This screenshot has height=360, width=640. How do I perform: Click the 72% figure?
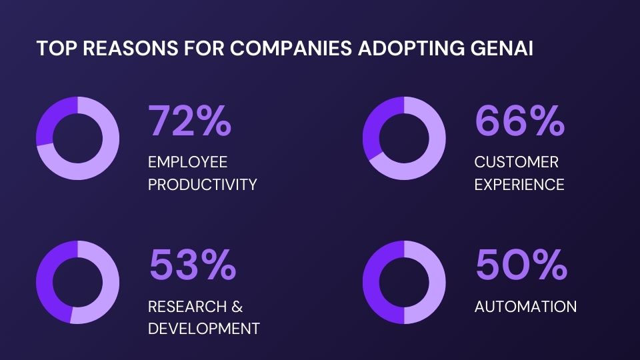point(190,121)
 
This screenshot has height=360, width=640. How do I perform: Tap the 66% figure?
point(519,121)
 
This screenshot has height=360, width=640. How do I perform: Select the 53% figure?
point(192,265)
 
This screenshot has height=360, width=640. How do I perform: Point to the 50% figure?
point(521,265)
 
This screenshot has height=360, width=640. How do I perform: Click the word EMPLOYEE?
point(187,162)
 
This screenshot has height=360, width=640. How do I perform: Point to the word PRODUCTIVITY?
point(202,185)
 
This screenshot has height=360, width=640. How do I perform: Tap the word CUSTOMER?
point(516,162)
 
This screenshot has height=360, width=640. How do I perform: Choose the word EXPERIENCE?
point(519,185)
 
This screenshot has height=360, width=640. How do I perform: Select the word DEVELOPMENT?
point(203,329)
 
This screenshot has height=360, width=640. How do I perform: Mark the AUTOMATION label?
point(525,307)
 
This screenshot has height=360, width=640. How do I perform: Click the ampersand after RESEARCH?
point(237,307)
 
